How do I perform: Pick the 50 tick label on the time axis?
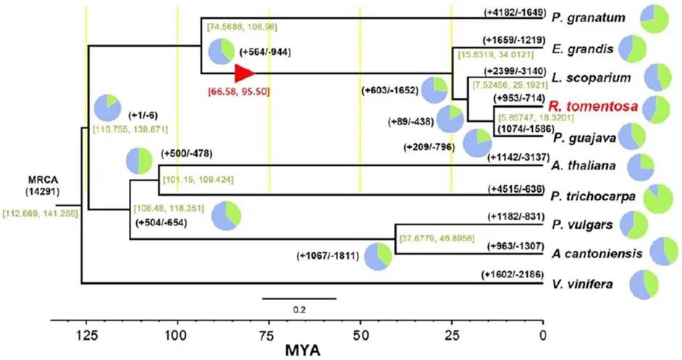coord(360,335)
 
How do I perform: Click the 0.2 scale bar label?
coord(298,308)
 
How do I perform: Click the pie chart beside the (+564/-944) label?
coord(221,52)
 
